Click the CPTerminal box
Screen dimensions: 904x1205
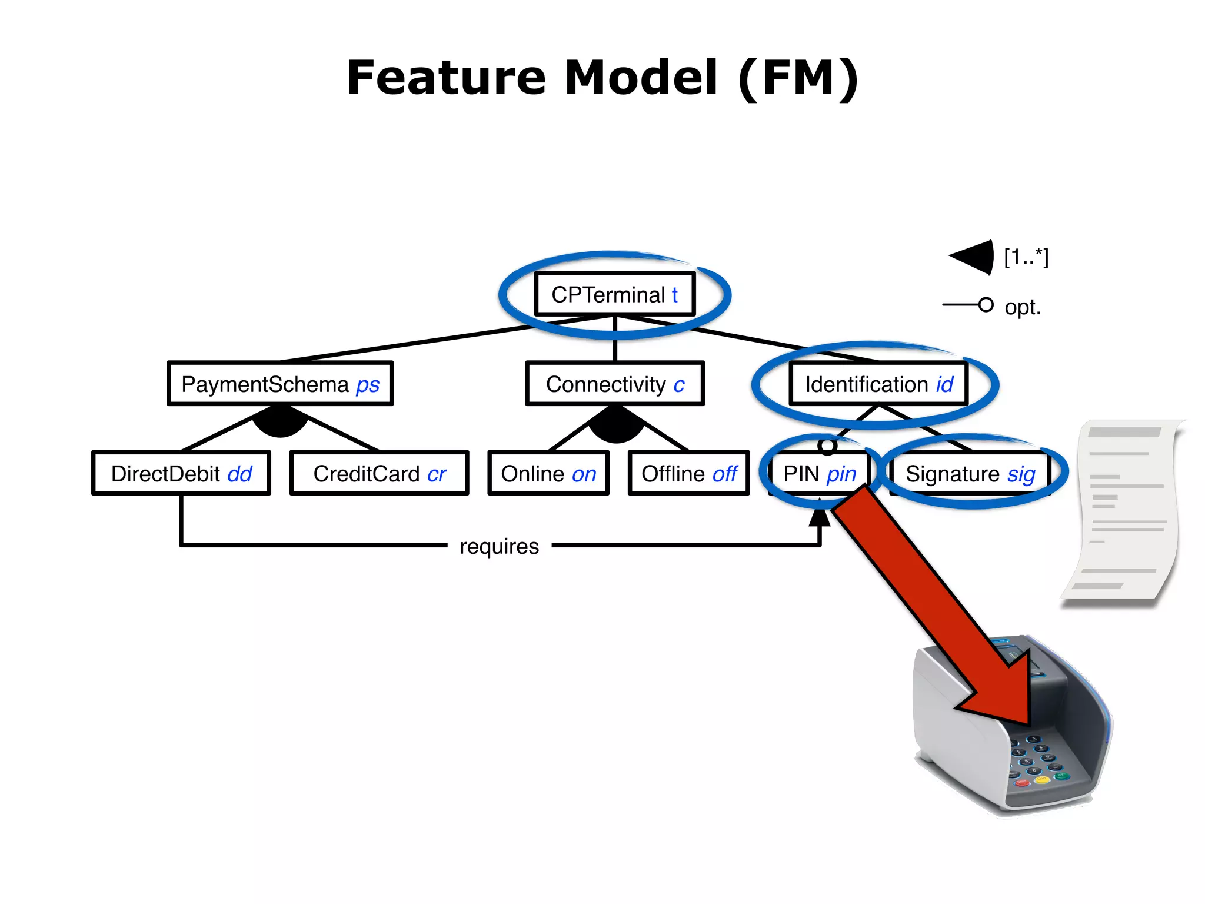(615, 294)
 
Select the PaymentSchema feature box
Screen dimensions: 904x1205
(280, 384)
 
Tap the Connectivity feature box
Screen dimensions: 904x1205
(615, 384)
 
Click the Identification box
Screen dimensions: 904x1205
(878, 384)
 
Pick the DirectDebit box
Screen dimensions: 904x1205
(181, 473)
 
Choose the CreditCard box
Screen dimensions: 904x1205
(380, 473)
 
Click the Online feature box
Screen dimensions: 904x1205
(548, 473)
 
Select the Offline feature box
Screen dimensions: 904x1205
(688, 473)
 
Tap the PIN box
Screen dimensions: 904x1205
(819, 473)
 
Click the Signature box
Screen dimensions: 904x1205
(970, 473)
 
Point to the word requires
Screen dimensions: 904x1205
(499, 546)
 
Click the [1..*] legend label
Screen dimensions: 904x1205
(1026, 257)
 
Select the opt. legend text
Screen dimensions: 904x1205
(1023, 307)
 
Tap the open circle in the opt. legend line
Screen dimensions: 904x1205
(986, 305)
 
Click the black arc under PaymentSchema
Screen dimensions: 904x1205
(281, 423)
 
